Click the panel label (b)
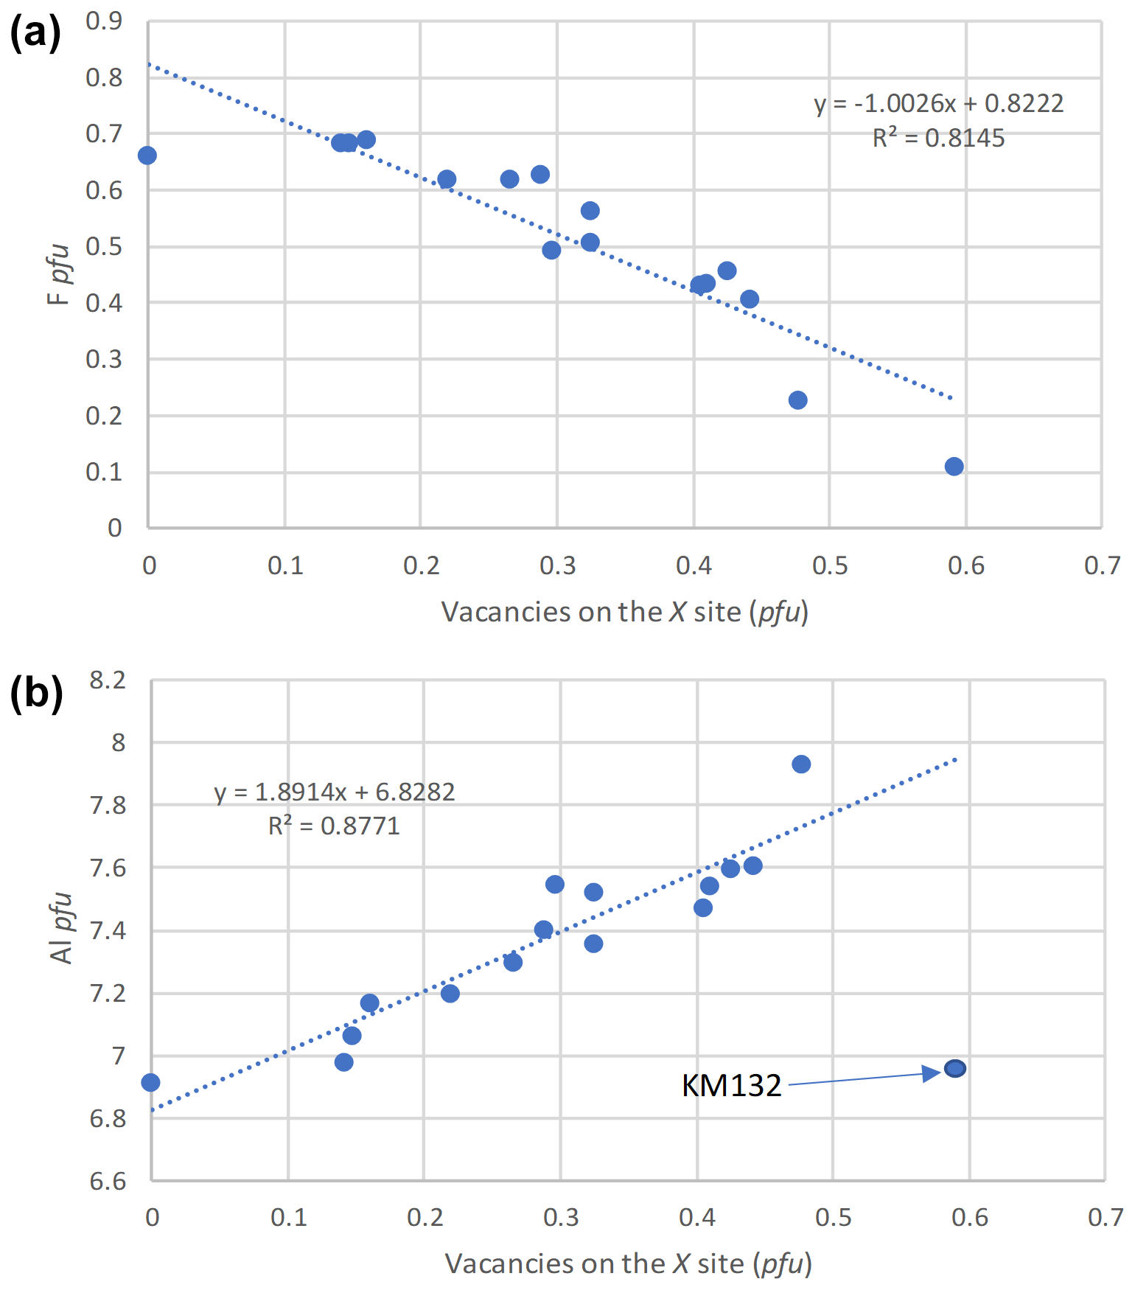(36, 693)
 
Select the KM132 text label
(731, 1086)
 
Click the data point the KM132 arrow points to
(955, 1068)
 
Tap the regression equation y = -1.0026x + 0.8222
(939, 103)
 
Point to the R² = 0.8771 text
(334, 826)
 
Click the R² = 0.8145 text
(938, 138)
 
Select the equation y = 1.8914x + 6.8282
(335, 792)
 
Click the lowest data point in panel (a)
(954, 466)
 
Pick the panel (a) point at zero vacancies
(147, 156)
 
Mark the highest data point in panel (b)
(801, 764)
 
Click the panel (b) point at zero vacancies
(150, 1082)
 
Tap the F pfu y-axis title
(59, 274)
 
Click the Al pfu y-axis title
(63, 927)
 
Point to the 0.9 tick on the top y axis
(105, 21)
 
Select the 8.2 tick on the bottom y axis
(108, 680)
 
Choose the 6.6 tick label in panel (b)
(108, 1181)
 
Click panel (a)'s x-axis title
(624, 612)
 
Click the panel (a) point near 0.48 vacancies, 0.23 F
(797, 400)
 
